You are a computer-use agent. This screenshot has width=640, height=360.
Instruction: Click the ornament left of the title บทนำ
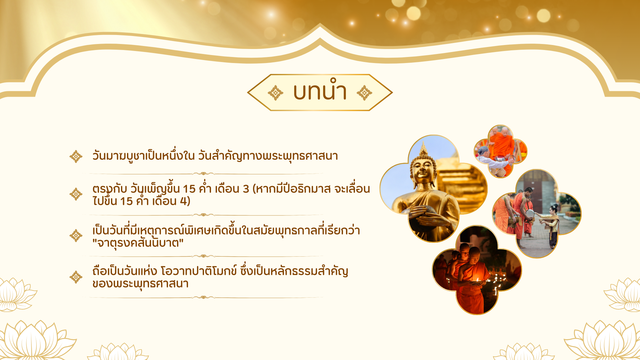click(x=275, y=93)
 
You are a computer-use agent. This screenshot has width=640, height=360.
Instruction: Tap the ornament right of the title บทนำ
click(x=364, y=93)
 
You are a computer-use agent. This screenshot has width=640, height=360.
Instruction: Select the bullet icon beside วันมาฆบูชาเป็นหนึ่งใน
click(x=76, y=156)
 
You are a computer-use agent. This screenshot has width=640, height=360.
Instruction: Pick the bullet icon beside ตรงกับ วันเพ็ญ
click(x=76, y=194)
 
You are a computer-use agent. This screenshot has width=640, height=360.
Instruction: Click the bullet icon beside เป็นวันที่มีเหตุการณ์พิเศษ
click(x=76, y=236)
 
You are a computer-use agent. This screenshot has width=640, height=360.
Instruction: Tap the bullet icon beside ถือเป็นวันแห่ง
click(x=76, y=277)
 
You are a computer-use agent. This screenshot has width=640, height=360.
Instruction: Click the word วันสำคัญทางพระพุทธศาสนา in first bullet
click(x=268, y=156)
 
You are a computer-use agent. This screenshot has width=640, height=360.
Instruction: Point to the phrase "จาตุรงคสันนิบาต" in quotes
click(x=138, y=243)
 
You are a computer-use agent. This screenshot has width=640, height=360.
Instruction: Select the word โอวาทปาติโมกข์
click(x=199, y=271)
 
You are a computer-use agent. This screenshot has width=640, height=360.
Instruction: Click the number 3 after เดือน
click(x=246, y=189)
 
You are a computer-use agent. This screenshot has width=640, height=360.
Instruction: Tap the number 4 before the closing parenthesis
click(x=183, y=201)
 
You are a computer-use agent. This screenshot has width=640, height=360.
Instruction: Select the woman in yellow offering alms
click(x=551, y=225)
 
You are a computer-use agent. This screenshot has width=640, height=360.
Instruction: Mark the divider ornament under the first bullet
click(x=203, y=173)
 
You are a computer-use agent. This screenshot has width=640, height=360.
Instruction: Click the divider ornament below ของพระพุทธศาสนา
click(x=203, y=297)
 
